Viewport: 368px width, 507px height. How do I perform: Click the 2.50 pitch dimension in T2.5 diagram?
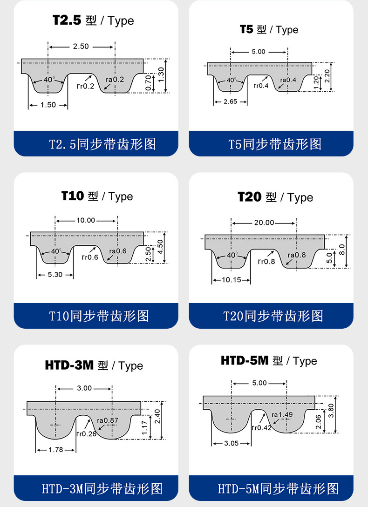click(81, 47)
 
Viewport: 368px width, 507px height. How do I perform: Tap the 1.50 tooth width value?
click(48, 105)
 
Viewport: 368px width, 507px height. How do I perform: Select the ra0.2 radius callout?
click(115, 80)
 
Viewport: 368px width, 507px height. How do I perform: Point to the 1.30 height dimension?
click(161, 75)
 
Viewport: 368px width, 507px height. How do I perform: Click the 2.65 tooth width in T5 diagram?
click(230, 101)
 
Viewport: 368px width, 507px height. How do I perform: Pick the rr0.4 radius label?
click(261, 86)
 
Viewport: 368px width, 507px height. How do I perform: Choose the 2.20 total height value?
click(327, 76)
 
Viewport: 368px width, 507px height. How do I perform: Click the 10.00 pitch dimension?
click(86, 221)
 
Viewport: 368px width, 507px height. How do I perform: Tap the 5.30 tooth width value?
click(55, 275)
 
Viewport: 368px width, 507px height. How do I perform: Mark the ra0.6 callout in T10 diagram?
click(117, 251)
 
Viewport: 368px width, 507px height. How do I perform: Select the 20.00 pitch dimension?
click(264, 223)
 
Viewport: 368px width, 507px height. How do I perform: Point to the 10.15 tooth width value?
click(232, 280)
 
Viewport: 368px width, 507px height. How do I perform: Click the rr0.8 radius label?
click(266, 261)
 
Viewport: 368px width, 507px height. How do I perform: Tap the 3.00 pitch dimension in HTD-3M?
click(84, 388)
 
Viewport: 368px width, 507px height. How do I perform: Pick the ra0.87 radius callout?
click(108, 421)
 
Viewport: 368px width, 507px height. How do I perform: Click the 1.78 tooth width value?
click(56, 450)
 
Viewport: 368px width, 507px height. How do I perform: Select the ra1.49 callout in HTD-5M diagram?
click(282, 414)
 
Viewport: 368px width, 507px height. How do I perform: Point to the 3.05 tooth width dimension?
click(232, 443)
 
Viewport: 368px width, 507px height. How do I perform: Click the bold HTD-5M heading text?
click(245, 360)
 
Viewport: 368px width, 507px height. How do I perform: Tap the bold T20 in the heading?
click(250, 196)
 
